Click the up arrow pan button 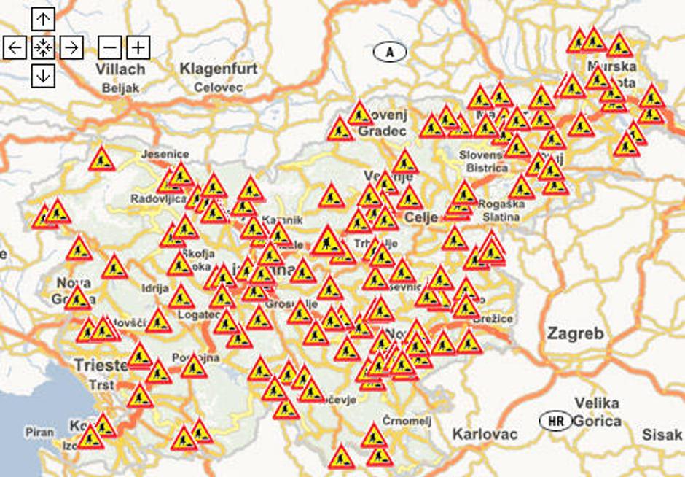pos(43,19)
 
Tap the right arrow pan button pos(71,47)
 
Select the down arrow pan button pos(43,75)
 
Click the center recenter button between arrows pos(43,47)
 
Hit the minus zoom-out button pos(109,47)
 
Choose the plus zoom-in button pos(138,47)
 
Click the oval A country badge pos(390,52)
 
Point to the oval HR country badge pos(556,421)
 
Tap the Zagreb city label pos(576,334)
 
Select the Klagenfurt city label pos(219,69)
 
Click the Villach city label pos(120,69)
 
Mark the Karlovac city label pos(485,435)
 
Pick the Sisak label pos(662,435)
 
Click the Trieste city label pos(100,364)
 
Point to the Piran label pos(39,432)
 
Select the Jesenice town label pos(165,154)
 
